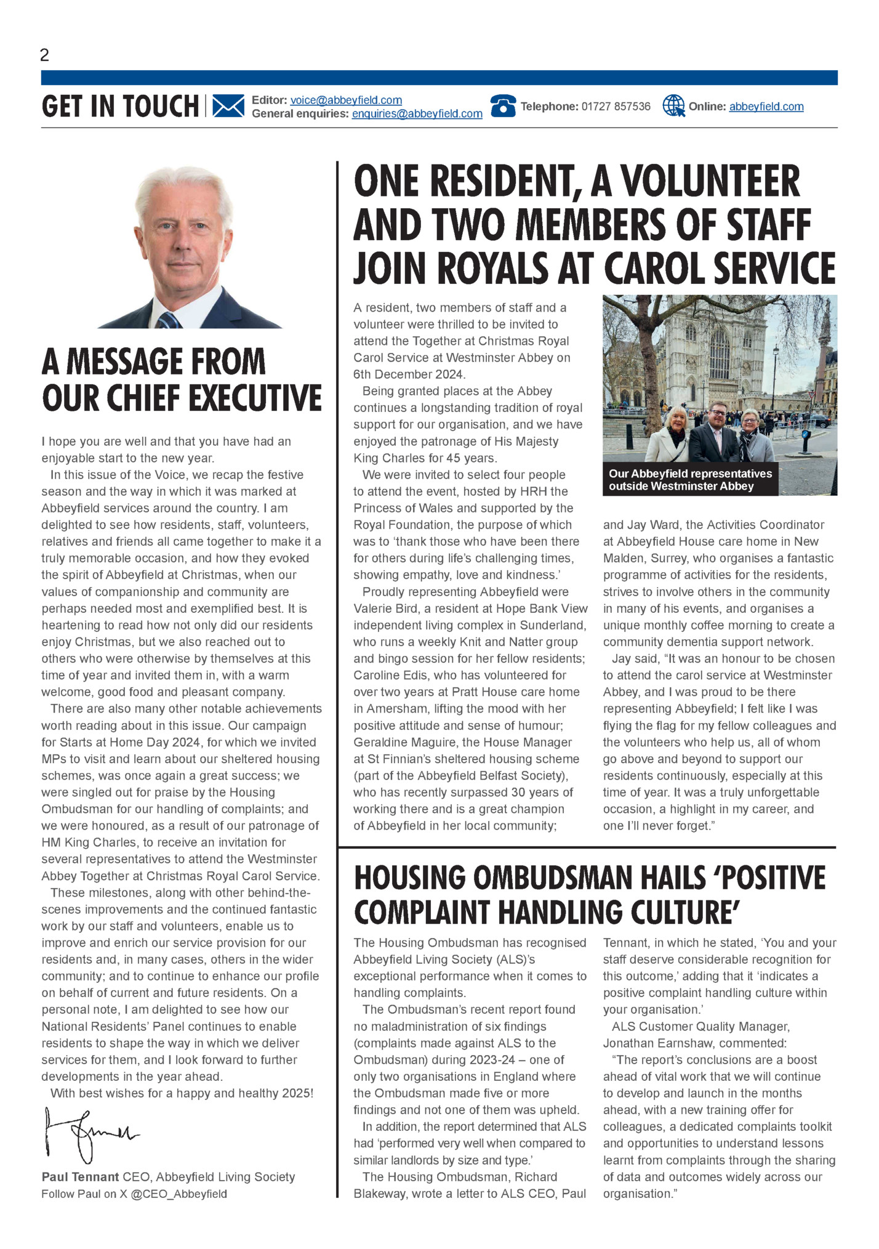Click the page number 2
[x=44, y=55]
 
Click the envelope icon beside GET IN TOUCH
[x=228, y=106]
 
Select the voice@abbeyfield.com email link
[x=346, y=100]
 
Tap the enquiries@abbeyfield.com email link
[x=417, y=114]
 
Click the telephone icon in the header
[x=503, y=106]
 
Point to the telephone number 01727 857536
[x=616, y=107]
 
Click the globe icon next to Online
[x=673, y=106]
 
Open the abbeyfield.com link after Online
[x=766, y=107]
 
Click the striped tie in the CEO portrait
[x=167, y=320]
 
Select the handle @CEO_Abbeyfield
[x=179, y=1194]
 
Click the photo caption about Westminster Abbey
[x=690, y=480]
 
